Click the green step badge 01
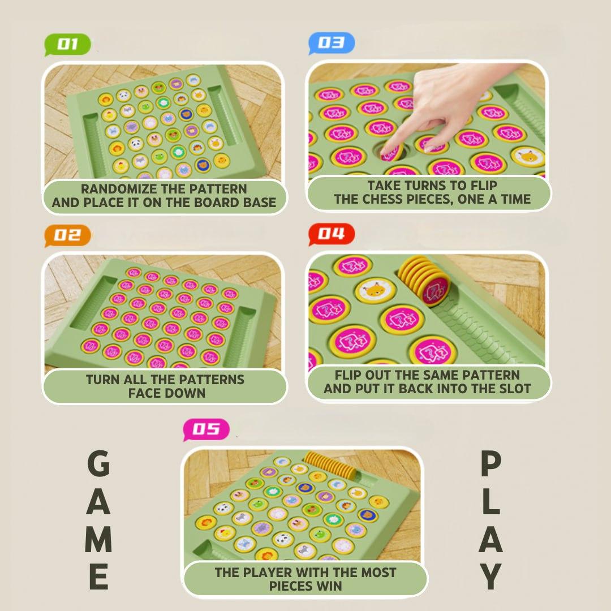click(x=67, y=45)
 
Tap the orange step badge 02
click(x=67, y=235)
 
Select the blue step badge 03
click(x=332, y=43)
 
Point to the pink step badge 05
click(x=206, y=429)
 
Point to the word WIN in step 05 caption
click(x=329, y=586)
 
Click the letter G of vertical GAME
click(x=98, y=463)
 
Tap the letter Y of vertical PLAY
click(x=490, y=576)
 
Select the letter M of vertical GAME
click(x=98, y=539)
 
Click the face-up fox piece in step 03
click(x=528, y=156)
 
